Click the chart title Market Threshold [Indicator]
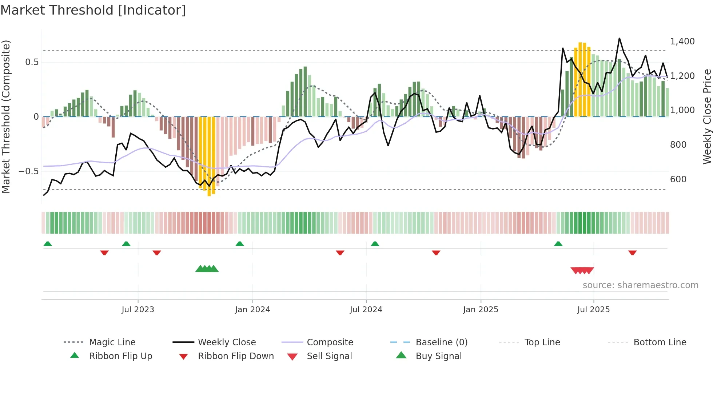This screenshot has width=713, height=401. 93,10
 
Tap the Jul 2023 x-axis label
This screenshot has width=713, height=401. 138,310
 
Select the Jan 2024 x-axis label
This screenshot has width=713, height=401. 252,310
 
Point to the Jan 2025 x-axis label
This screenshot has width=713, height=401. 481,310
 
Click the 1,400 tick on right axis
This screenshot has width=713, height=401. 682,41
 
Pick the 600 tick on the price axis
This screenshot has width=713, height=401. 678,179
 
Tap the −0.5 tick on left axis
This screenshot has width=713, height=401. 29,171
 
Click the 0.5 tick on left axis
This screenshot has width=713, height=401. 32,62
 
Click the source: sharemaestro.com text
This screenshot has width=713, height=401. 640,285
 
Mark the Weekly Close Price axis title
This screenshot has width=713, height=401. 707,116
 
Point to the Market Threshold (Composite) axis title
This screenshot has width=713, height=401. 6,116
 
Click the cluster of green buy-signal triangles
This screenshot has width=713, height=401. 207,269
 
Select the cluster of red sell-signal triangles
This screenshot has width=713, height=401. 582,270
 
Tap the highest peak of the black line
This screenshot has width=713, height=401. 619,39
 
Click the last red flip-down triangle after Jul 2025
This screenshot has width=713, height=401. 632,253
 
